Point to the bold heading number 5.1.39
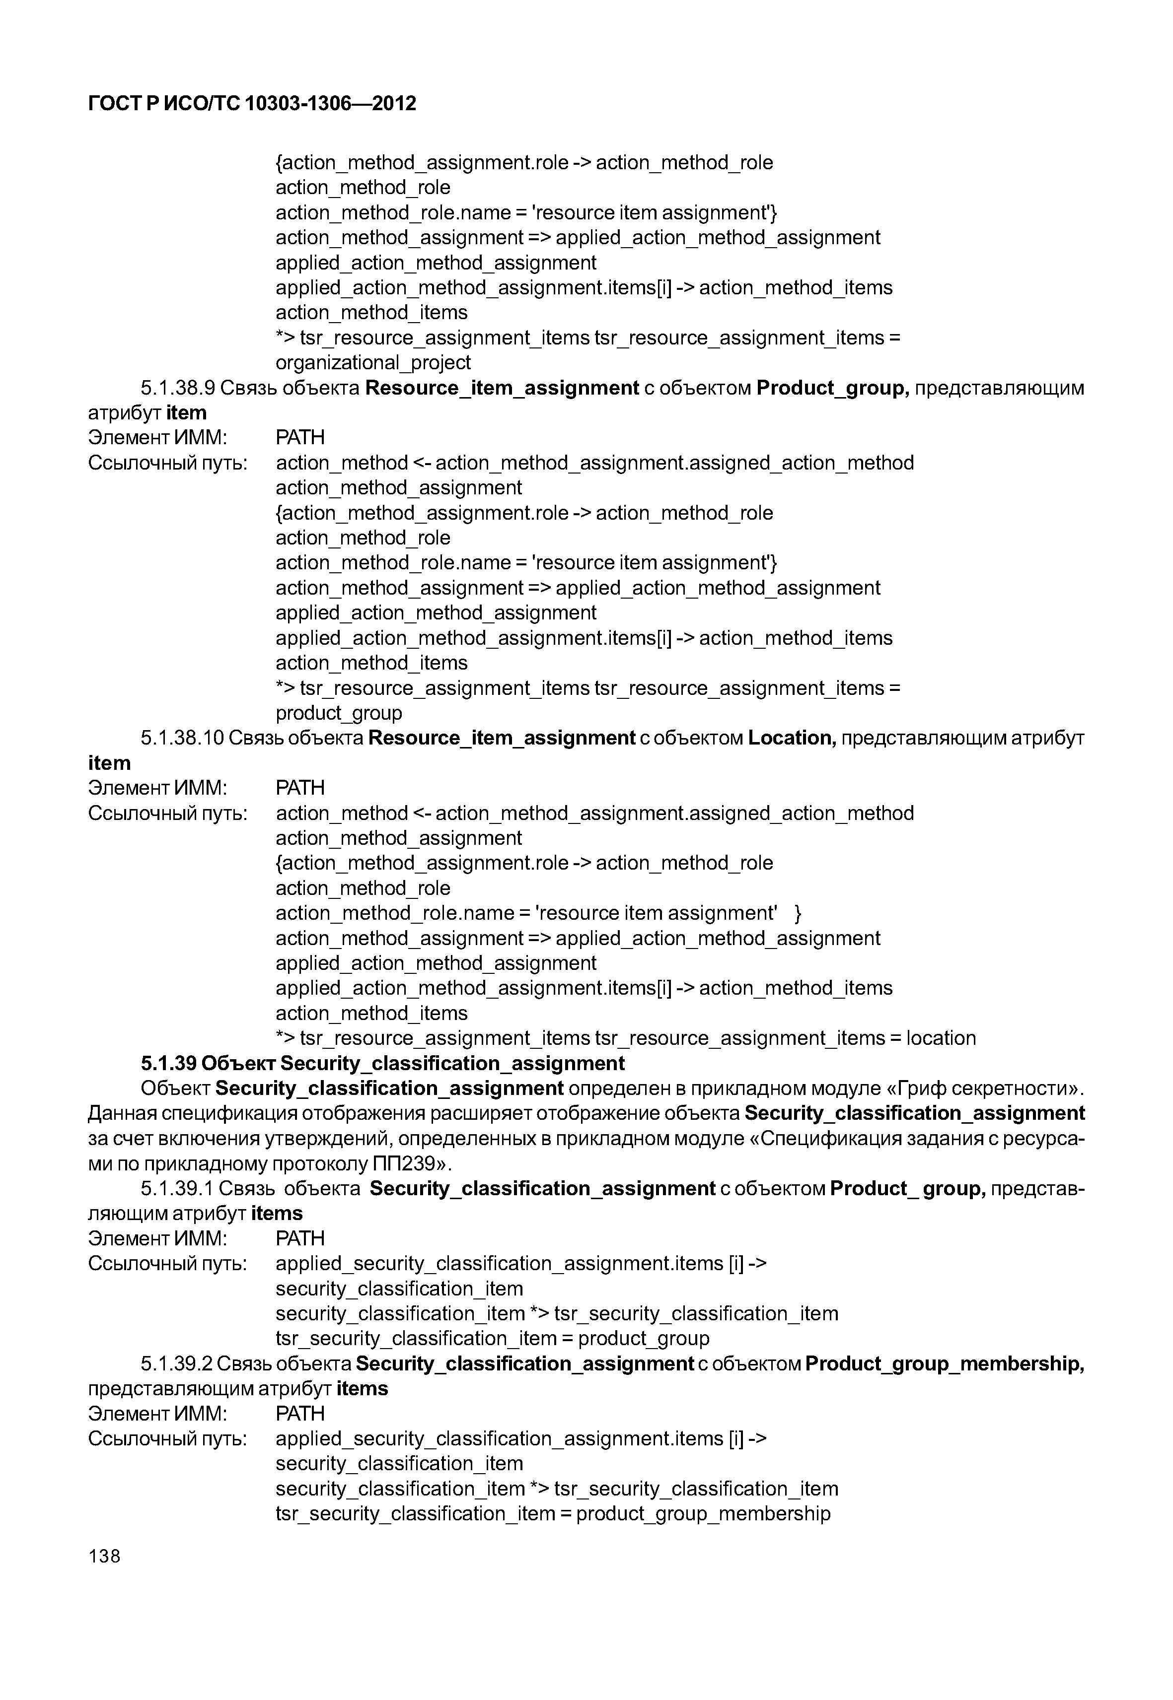(167, 1063)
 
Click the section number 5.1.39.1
(177, 1188)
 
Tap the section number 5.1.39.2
(177, 1363)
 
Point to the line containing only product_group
(339, 713)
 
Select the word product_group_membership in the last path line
(703, 1513)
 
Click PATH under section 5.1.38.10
(300, 788)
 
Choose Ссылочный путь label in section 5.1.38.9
(167, 463)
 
